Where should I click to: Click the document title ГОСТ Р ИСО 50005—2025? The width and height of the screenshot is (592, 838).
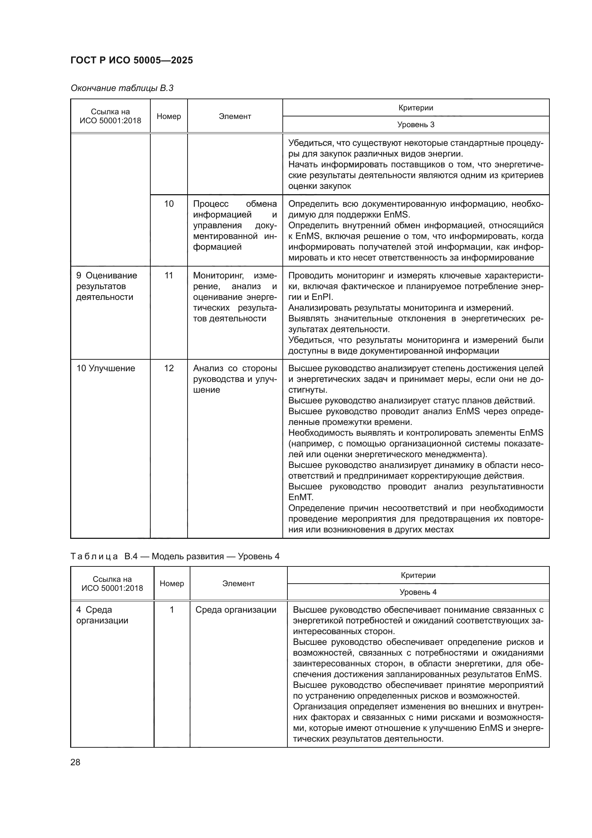pos(132,61)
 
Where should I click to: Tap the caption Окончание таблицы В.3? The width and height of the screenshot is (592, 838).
pos(122,88)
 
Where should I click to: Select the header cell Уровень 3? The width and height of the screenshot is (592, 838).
pos(416,124)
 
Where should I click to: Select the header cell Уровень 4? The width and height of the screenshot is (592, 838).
pos(418,592)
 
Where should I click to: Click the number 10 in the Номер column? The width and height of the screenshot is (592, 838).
pos(169,203)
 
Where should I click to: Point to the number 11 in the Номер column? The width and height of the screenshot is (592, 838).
pos(169,276)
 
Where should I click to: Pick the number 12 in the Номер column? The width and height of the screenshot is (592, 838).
pos(169,368)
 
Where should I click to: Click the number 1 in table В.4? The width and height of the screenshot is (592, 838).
pos(172,610)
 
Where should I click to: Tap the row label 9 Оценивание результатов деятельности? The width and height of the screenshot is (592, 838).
pos(106,286)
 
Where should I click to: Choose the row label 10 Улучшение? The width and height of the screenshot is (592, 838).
pos(106,368)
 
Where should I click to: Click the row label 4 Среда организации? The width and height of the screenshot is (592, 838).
pos(102,615)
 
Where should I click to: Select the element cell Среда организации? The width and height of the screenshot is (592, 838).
pos(236,610)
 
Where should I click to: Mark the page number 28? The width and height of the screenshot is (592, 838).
pos(76,762)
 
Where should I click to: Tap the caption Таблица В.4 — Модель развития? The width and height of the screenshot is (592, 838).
pos(175,556)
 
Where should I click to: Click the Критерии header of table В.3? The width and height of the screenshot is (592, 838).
pos(416,108)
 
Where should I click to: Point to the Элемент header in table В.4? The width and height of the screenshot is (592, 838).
pos(238,584)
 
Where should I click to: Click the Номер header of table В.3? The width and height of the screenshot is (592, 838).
pos(169,116)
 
